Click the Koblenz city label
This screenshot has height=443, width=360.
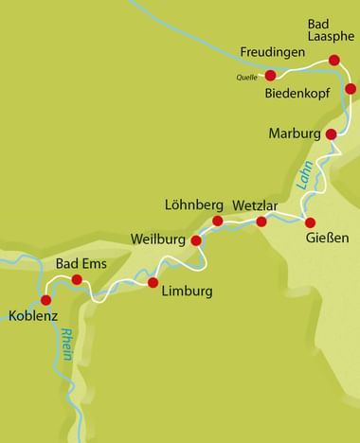[34, 316]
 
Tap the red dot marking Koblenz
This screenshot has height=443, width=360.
[45, 300]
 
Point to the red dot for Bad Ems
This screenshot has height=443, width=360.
[78, 279]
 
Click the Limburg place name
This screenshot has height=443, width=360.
[186, 291]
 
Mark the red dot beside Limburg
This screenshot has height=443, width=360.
[153, 282]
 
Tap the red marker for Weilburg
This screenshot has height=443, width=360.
[196, 240]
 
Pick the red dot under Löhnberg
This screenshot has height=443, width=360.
[217, 221]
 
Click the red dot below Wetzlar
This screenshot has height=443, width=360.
[261, 221]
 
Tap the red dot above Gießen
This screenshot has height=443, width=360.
[310, 222]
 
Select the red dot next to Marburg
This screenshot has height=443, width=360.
[331, 134]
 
